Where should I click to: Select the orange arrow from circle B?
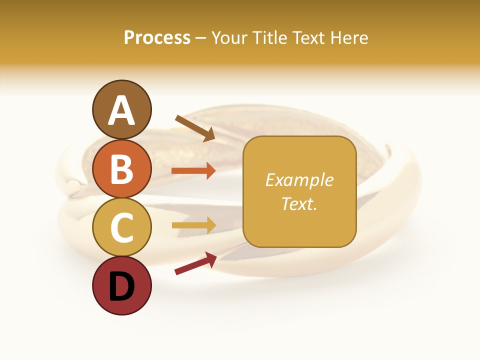pyautogui.click(x=193, y=171)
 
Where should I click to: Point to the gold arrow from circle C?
pyautogui.click(x=193, y=225)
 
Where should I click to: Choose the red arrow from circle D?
pyautogui.click(x=195, y=263)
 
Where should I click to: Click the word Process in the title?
pyautogui.click(x=157, y=38)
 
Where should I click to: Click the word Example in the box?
pyautogui.click(x=299, y=180)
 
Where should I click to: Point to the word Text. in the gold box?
pyautogui.click(x=299, y=203)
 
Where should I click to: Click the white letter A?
pyautogui.click(x=122, y=111)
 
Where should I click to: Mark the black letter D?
pyautogui.click(x=121, y=287)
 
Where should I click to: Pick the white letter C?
pyautogui.click(x=121, y=228)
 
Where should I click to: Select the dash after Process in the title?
pyautogui.click(x=200, y=38)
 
